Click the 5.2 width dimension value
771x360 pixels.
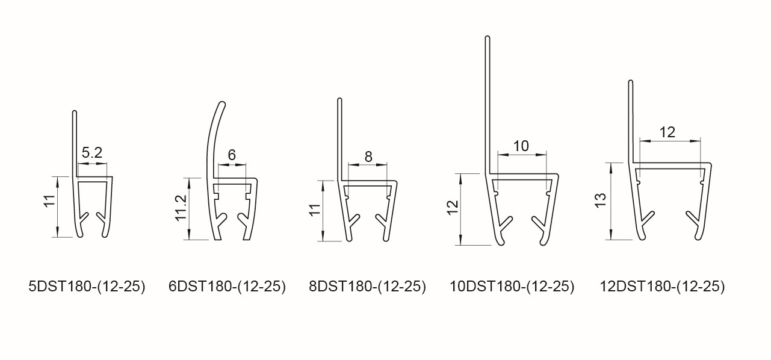click(x=92, y=153)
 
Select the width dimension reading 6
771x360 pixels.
click(x=232, y=155)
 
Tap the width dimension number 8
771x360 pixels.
click(x=368, y=157)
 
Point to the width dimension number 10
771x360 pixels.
click(x=521, y=146)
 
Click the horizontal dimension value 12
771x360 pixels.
click(x=667, y=132)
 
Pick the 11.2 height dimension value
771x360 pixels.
click(x=181, y=208)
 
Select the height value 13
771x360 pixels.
click(x=600, y=200)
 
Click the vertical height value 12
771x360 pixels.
click(x=453, y=207)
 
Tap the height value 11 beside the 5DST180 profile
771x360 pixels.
click(x=49, y=200)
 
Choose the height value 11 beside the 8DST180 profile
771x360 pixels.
click(x=315, y=210)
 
